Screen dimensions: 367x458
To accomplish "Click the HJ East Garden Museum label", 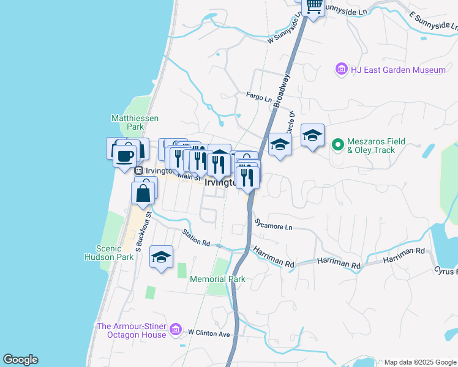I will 398,70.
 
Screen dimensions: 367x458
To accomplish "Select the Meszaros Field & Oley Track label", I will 377,146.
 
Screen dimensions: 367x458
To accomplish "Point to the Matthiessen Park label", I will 127,122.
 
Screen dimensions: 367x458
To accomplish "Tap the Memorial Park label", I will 217,279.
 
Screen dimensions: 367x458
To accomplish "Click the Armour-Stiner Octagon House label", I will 132,330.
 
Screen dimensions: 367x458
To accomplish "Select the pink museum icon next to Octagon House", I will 176,330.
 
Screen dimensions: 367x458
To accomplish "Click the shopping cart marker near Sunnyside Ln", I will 314,6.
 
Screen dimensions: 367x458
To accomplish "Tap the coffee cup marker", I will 124,155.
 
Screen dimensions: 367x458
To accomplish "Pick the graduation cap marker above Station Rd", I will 161,257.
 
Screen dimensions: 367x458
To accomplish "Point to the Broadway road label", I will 283,92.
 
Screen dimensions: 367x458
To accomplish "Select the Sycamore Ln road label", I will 274,226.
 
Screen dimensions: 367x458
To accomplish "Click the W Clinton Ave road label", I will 208,333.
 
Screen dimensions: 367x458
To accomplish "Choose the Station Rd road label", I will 196,238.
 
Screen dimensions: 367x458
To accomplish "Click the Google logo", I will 20,360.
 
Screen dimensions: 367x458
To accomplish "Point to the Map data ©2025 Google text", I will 420,362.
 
